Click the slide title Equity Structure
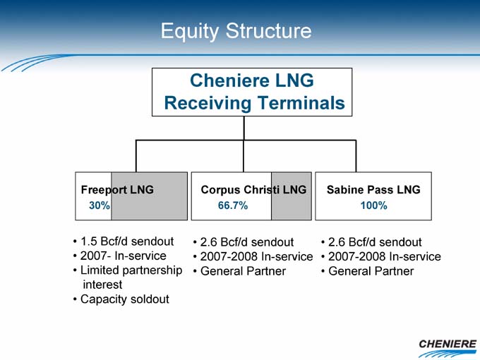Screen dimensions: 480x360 coord(236,32)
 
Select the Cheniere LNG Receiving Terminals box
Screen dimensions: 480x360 coord(252,92)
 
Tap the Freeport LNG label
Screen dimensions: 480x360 coord(117,190)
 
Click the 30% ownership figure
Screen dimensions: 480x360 coord(100,205)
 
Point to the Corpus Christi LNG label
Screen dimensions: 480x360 coord(253,190)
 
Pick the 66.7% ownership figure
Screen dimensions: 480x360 coord(233,205)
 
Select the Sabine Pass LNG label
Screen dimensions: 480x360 coord(373,190)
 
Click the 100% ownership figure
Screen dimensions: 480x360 coord(373,205)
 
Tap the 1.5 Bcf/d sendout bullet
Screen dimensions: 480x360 coord(124,241)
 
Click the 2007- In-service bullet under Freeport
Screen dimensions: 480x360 coord(120,256)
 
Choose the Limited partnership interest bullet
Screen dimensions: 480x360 coord(128,277)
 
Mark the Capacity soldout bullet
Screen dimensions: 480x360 coord(121,299)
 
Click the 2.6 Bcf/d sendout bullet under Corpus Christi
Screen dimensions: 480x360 coord(244,242)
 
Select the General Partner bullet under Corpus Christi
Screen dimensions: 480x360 coord(239,271)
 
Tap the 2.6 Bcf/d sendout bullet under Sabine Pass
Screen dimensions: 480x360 coord(371,242)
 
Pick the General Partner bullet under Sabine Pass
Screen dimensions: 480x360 coord(367,271)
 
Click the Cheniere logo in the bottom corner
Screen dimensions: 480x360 coord(448,348)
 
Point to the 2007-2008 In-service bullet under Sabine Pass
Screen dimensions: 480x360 coord(380,256)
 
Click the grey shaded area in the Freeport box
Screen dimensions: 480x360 coord(150,196)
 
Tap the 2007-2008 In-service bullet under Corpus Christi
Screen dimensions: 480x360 coord(253,256)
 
